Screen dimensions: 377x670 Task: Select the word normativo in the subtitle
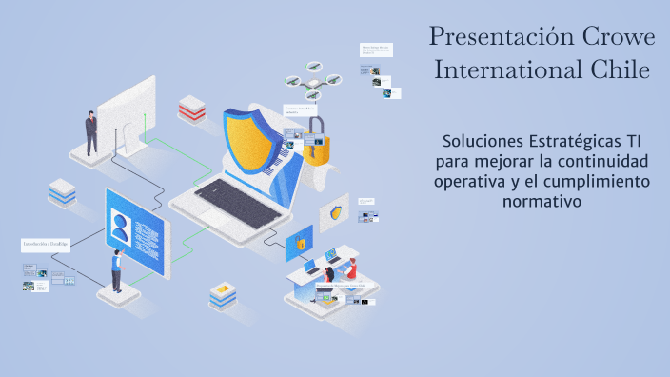click(x=542, y=201)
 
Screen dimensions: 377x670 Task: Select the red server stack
click(x=192, y=109)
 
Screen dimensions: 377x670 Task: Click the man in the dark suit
click(x=91, y=132)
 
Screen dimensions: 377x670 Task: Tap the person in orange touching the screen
click(x=116, y=270)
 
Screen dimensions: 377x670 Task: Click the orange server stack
click(x=223, y=296)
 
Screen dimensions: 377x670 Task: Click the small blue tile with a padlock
click(x=299, y=244)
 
